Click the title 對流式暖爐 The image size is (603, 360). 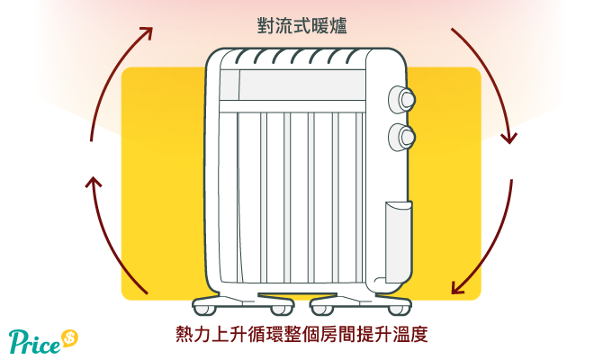[x=301, y=26]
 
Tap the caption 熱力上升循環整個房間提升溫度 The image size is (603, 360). [x=301, y=334]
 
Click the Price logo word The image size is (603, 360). [x=34, y=341]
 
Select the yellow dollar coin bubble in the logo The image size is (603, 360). [x=69, y=338]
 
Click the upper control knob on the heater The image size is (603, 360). [x=402, y=99]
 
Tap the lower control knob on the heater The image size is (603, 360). [x=402, y=137]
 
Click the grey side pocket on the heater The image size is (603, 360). [x=399, y=241]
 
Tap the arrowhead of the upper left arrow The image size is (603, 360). [x=148, y=31]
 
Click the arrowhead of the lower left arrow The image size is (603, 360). [x=93, y=182]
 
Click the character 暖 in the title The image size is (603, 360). [x=320, y=26]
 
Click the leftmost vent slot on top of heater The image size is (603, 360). [x=240, y=57]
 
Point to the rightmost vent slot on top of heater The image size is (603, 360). [x=352, y=57]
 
